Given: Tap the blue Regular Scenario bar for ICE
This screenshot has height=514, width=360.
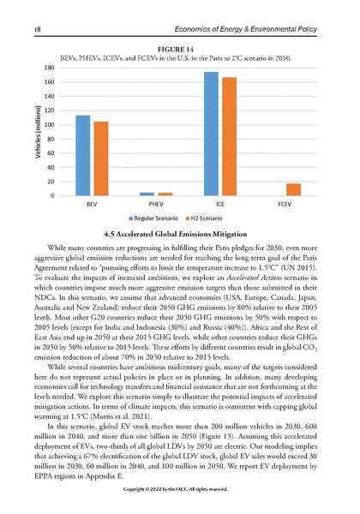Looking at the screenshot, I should (211, 134).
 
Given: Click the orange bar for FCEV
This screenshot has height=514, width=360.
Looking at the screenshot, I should (294, 190).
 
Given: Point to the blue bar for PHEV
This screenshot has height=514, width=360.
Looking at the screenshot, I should (147, 194).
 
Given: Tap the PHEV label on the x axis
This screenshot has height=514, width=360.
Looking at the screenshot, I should (156, 207).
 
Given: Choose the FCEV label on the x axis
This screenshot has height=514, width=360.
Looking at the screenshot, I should (285, 207).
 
